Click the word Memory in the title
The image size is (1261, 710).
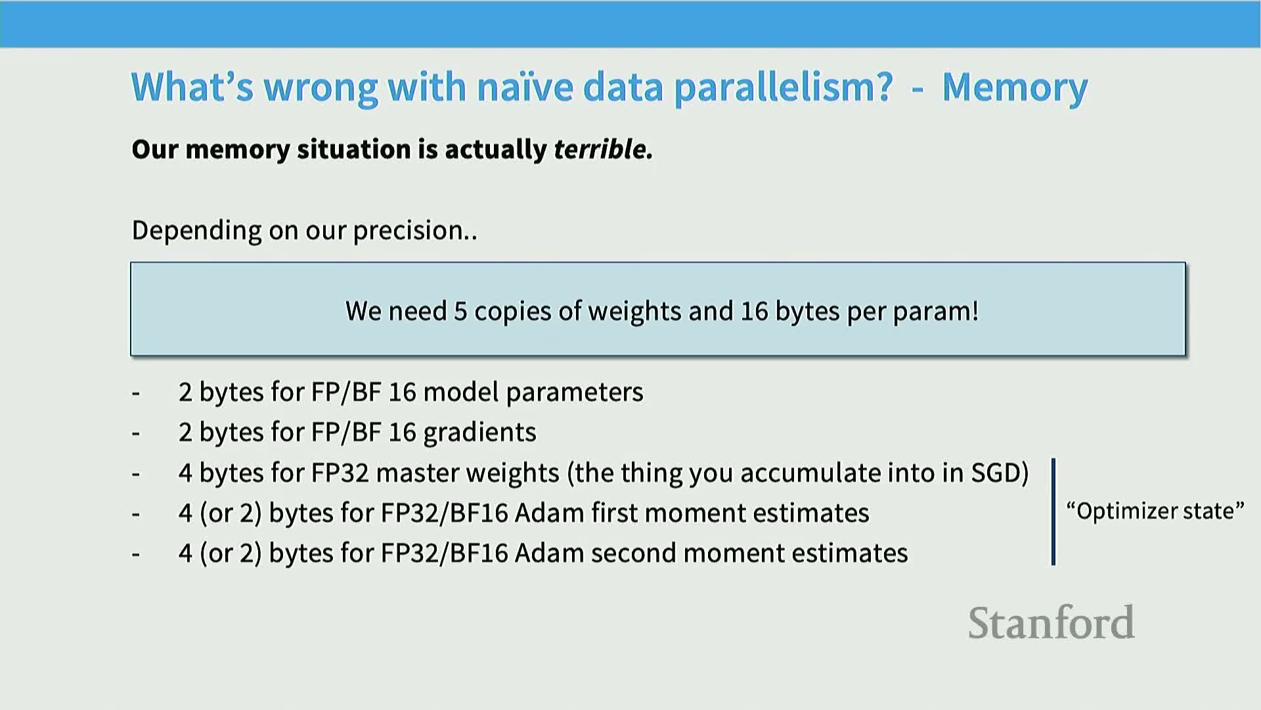pyautogui.click(x=1015, y=88)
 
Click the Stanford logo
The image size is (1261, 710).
pyautogui.click(x=1051, y=623)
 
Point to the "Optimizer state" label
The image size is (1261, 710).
pyautogui.click(x=1155, y=511)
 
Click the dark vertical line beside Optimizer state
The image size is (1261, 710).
pyautogui.click(x=1053, y=511)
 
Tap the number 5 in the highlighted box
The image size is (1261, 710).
pyautogui.click(x=460, y=311)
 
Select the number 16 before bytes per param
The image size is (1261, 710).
pyautogui.click(x=754, y=311)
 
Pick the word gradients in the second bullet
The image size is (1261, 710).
pyautogui.click(x=479, y=433)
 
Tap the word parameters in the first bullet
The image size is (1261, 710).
pyautogui.click(x=575, y=392)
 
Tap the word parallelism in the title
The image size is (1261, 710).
pyautogui.click(x=784, y=88)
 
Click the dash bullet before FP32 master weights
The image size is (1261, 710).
pyautogui.click(x=136, y=474)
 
